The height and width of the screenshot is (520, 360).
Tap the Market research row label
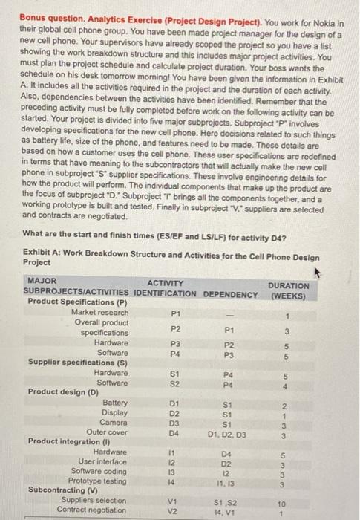99,312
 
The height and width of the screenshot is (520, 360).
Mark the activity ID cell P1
175,313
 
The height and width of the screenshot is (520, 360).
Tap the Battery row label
114,402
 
